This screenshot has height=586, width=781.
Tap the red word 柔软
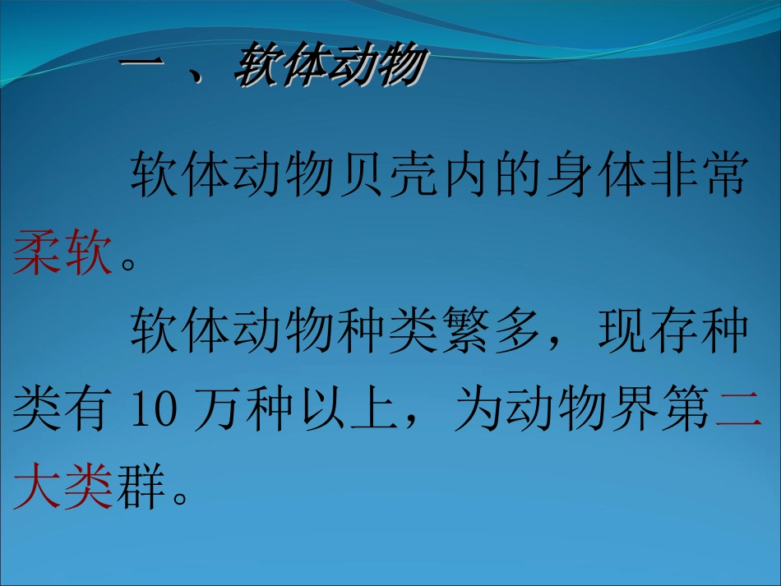click(62, 253)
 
